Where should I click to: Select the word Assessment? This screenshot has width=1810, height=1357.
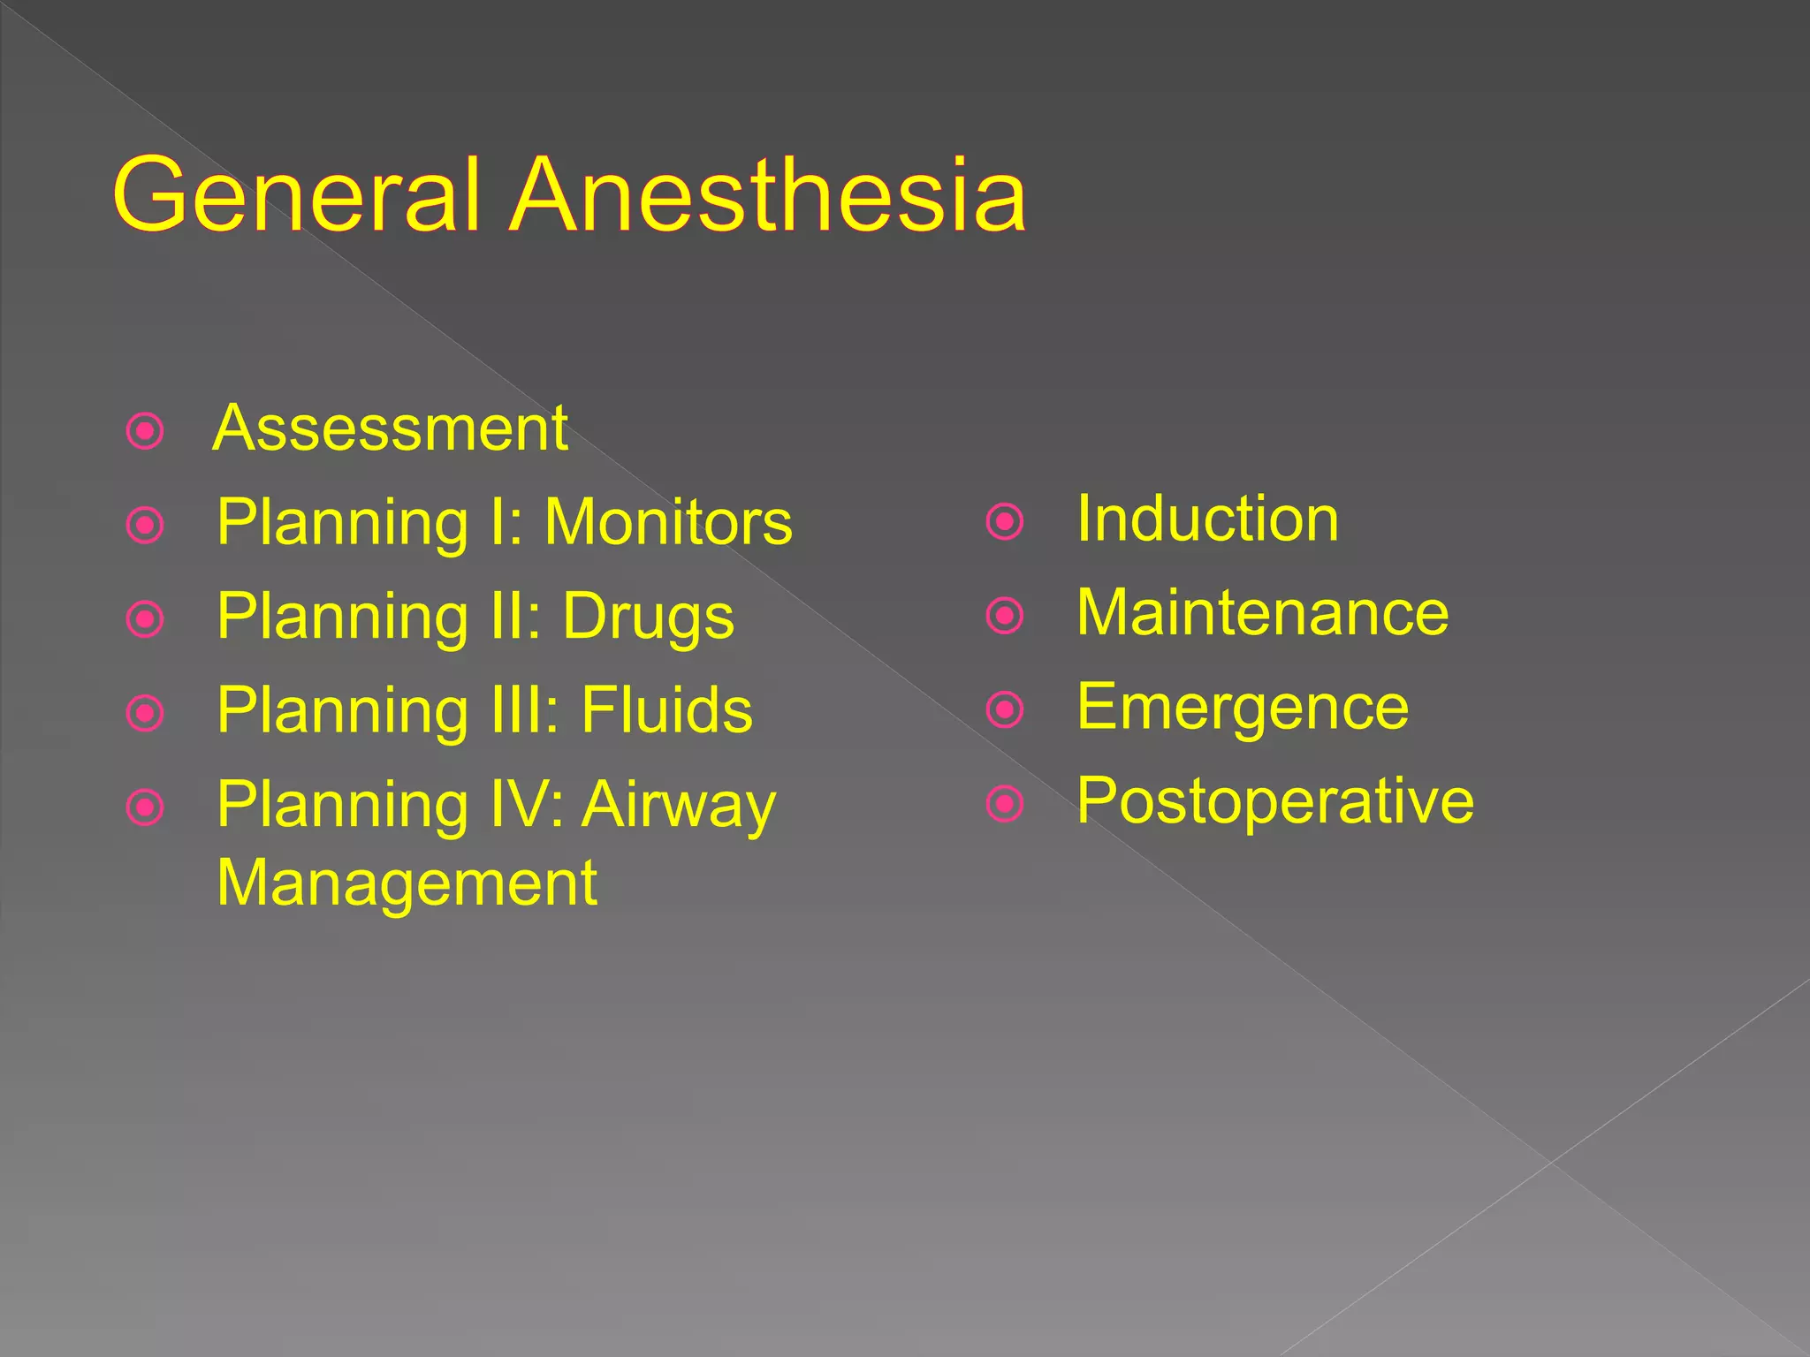click(x=390, y=428)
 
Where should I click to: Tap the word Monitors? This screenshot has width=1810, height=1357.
click(x=668, y=522)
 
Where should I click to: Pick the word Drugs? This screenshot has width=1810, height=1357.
click(x=648, y=618)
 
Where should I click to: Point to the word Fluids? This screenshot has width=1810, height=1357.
click(x=666, y=710)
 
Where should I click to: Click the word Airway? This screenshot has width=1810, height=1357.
click(x=678, y=806)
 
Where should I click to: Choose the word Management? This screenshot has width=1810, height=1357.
click(x=407, y=883)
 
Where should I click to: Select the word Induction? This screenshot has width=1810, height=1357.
click(x=1207, y=519)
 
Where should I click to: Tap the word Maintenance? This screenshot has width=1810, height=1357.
click(x=1262, y=612)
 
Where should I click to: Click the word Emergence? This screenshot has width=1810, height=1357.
click(x=1243, y=708)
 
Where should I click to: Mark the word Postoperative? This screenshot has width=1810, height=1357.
click(x=1275, y=801)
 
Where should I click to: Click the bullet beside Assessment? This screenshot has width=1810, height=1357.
click(x=146, y=432)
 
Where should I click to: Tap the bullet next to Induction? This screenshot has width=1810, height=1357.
click(x=1005, y=521)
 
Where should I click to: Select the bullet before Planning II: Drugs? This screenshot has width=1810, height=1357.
click(x=146, y=619)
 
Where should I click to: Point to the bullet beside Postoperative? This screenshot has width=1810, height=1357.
click(x=1005, y=803)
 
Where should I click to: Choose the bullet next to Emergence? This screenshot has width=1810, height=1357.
click(x=1005, y=709)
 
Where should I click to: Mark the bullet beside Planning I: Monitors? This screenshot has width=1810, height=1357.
click(x=146, y=526)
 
